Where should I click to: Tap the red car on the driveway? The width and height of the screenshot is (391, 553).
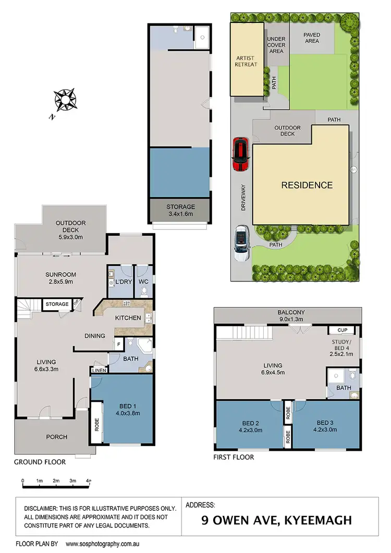[x=240, y=154]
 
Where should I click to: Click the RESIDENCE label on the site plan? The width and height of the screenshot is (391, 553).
[x=307, y=185]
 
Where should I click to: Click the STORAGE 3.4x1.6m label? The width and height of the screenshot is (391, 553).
[x=180, y=210]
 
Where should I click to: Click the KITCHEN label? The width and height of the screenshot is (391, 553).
[x=127, y=317]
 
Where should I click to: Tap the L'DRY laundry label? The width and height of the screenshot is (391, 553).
[x=123, y=282]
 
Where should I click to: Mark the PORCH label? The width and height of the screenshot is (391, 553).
[x=57, y=437]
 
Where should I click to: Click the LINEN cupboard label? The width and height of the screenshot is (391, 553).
[x=99, y=371]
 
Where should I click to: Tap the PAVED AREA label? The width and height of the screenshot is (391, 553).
[x=312, y=38]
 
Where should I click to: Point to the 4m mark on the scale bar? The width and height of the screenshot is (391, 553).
[x=90, y=481]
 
